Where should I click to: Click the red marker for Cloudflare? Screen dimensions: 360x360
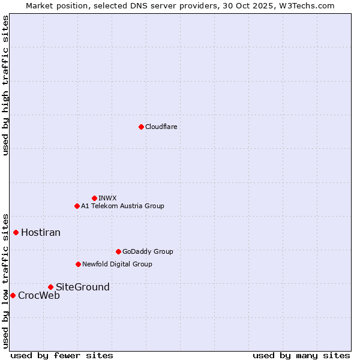point(141,127)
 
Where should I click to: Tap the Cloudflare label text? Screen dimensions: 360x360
point(161,127)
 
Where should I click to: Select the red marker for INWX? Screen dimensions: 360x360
point(94,198)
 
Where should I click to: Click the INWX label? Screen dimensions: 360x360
point(107,198)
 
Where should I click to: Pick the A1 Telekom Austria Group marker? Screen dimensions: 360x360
point(77,206)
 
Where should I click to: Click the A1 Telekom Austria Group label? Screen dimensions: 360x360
point(122,206)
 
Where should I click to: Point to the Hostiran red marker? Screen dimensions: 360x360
point(16,232)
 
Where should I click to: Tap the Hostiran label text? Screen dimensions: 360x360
point(41,232)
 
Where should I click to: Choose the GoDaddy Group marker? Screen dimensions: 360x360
point(118,251)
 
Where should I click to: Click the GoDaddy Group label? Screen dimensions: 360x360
point(148,251)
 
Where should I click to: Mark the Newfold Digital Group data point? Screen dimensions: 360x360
point(78,264)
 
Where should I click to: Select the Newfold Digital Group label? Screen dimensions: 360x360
point(117,264)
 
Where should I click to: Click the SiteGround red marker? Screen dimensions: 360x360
point(50,287)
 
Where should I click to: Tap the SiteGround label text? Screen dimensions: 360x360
point(83,287)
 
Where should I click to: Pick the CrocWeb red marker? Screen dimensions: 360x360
point(13,295)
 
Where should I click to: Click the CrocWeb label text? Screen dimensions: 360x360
point(39,295)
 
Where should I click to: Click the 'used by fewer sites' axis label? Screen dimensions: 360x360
point(62,355)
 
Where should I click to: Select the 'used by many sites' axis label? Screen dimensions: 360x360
point(301,355)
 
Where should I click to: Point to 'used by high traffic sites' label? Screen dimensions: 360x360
point(5,85)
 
